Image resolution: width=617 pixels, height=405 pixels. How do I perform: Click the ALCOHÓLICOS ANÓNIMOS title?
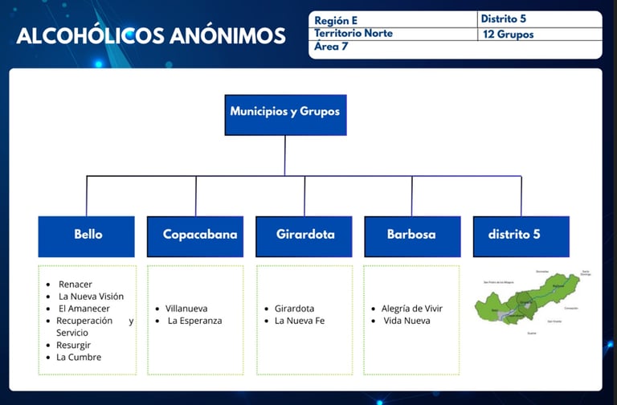(151, 36)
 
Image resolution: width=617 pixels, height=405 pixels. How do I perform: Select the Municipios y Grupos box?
(285, 112)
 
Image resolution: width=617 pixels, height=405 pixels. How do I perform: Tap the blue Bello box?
(88, 235)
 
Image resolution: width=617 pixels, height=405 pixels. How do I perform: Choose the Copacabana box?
(196, 235)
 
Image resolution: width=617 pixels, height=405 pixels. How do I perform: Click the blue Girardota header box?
(304, 235)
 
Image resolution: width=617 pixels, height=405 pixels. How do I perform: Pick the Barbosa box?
(411, 235)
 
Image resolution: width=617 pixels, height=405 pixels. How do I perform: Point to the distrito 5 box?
(520, 235)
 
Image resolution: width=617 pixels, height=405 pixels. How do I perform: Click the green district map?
(527, 301)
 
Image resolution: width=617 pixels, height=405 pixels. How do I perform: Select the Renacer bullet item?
(76, 284)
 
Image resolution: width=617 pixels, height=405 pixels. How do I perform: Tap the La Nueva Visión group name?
(92, 297)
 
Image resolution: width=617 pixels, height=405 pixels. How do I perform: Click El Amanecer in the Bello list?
(84, 309)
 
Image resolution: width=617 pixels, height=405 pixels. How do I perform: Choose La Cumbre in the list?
(79, 357)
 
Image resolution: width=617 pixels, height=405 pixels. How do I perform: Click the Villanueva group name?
(186, 309)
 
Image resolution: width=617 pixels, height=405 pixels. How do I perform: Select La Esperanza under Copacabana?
(194, 321)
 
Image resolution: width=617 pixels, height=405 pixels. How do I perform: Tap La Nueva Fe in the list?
(300, 321)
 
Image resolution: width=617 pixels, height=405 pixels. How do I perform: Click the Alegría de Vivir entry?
(411, 309)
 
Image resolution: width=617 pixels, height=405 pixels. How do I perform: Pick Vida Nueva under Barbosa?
(407, 321)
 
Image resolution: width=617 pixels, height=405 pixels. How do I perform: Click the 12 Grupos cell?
(509, 35)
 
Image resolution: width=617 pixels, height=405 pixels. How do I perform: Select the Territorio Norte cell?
(353, 34)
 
